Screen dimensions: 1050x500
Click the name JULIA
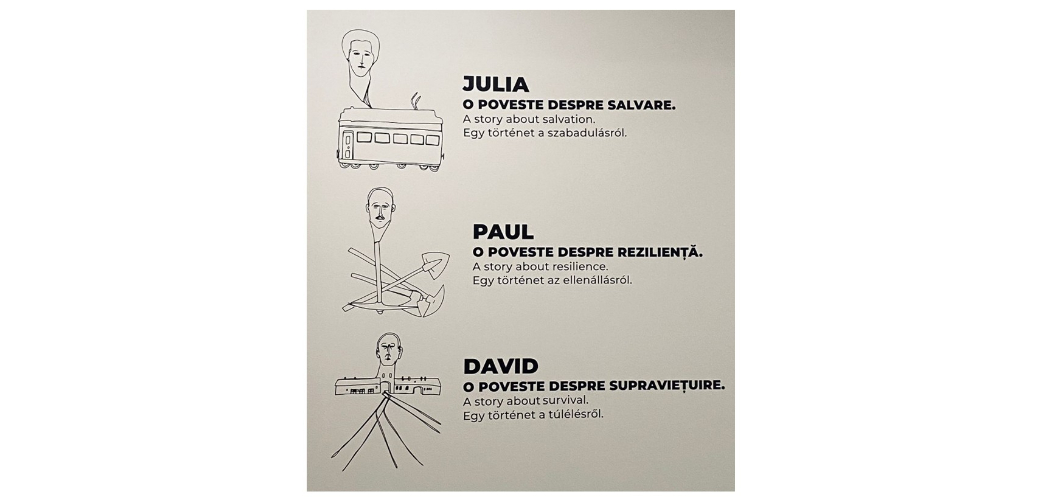(x=496, y=84)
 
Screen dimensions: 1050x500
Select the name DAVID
(x=501, y=366)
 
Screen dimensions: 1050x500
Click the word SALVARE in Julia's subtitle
(x=641, y=105)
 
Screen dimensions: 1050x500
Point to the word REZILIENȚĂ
(x=662, y=252)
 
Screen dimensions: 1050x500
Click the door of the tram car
(x=348, y=145)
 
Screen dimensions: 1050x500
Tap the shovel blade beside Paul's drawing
(x=435, y=264)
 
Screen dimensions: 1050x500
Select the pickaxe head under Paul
(x=431, y=301)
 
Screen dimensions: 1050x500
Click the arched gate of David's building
(x=385, y=388)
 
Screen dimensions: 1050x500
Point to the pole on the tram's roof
(x=416, y=100)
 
